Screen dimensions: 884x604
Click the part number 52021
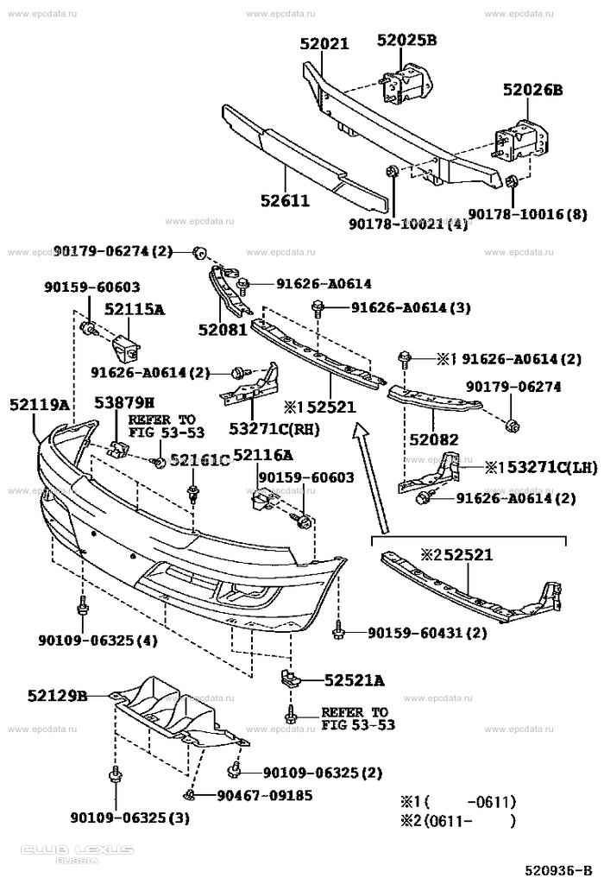click(325, 44)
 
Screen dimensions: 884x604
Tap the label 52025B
click(407, 40)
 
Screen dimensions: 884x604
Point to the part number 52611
click(285, 201)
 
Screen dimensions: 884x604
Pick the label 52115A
click(135, 308)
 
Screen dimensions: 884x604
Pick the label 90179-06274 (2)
click(113, 251)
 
